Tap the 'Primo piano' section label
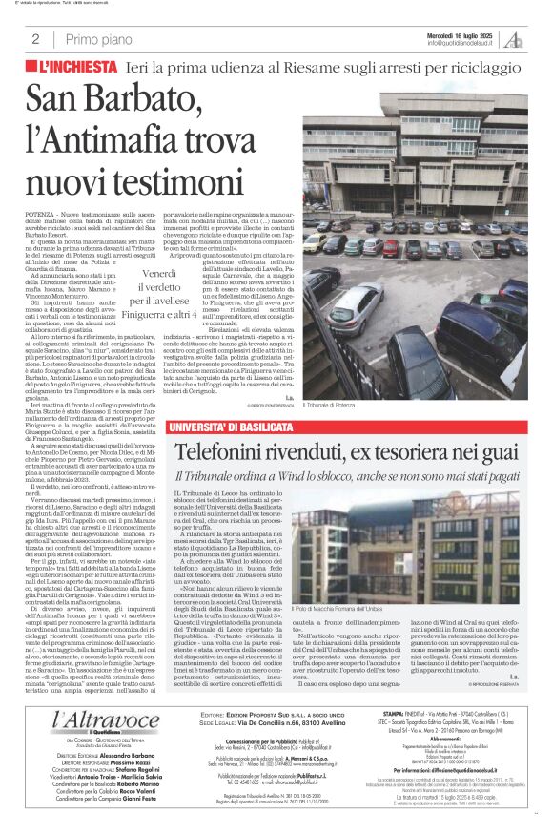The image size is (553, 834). (x=95, y=39)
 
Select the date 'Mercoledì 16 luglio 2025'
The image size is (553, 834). (x=460, y=34)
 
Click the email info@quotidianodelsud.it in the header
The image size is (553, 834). (x=463, y=43)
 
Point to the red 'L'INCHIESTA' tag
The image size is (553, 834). (x=77, y=69)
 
